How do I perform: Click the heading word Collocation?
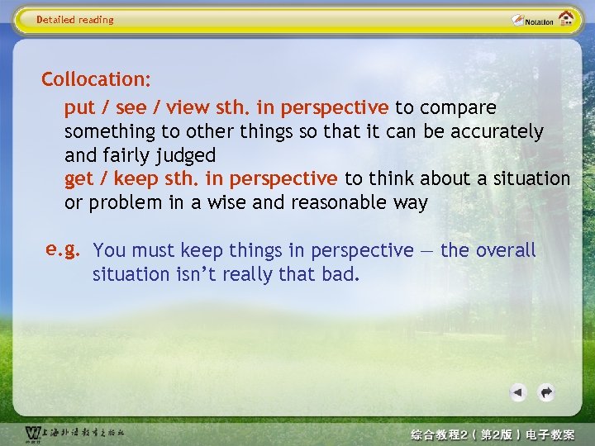point(96,80)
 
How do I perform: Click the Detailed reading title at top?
point(75,20)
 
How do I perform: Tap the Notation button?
point(532,20)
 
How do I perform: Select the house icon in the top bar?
point(566,19)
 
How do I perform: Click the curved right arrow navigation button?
point(545,392)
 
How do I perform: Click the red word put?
point(79,108)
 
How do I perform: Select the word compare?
point(458,108)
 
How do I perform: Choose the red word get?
point(79,179)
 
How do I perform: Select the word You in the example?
point(111,250)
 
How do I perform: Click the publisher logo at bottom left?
point(74,434)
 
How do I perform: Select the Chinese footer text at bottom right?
point(493,434)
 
